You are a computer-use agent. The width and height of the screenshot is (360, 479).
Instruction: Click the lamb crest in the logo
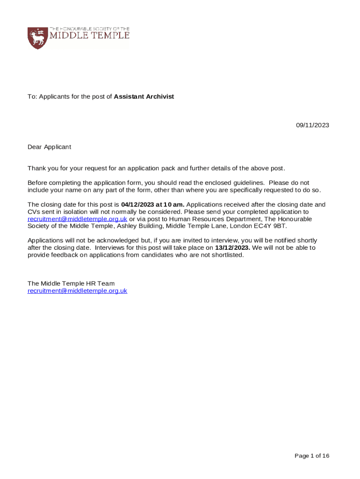tap(38, 37)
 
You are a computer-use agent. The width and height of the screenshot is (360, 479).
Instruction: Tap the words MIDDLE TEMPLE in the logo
tap(93, 36)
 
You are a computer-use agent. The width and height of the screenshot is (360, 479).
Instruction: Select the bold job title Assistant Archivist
tap(144, 96)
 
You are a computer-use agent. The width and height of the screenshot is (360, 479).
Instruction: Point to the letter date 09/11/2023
tap(312, 125)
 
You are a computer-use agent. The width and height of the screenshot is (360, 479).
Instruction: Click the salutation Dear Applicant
tap(49, 147)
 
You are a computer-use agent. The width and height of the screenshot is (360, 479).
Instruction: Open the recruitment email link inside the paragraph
tap(77, 219)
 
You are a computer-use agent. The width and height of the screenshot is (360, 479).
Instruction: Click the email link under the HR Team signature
tap(77, 290)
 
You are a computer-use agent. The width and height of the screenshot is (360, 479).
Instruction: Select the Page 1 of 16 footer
tap(312, 456)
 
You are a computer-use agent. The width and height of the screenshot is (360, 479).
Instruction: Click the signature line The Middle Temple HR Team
tap(71, 283)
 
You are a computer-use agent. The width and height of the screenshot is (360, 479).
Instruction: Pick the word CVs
tap(34, 212)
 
